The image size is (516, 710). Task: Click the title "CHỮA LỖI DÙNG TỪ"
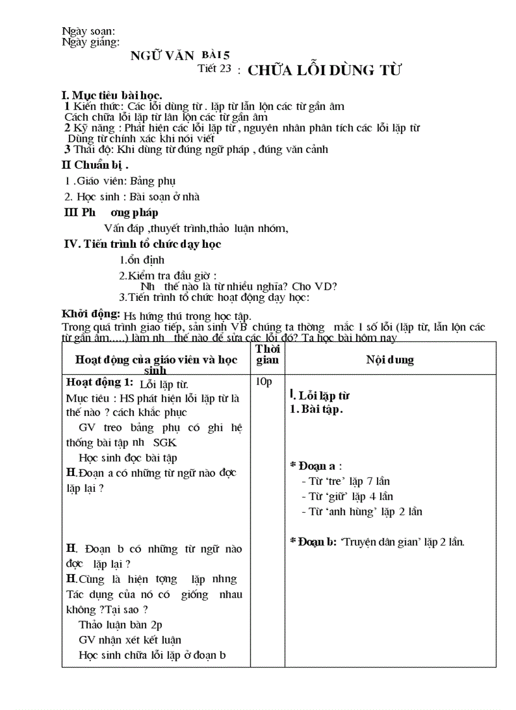point(324,70)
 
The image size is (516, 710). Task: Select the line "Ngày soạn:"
point(89,31)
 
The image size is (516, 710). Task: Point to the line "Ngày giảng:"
point(91,42)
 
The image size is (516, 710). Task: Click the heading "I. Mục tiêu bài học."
point(111,95)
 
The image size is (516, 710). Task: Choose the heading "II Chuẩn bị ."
point(95,166)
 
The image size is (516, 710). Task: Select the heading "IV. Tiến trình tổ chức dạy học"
point(143,244)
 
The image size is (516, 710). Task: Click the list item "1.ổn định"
point(142,260)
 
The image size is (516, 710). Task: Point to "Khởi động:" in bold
point(91,314)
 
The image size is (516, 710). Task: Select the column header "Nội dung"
point(390,360)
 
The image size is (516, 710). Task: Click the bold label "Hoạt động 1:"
point(100,383)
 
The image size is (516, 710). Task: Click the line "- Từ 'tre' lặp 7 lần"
point(345,482)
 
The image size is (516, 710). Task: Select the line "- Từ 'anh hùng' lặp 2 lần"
point(362,511)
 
